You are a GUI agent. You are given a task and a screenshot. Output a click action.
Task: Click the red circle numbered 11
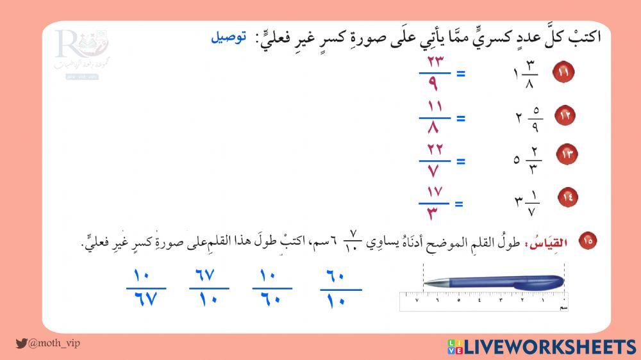coord(563,72)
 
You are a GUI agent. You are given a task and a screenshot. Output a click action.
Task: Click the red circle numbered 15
coord(588,241)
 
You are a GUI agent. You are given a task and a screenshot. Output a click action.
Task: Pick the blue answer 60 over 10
coord(340,289)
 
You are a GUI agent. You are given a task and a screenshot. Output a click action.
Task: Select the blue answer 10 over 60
coord(272,288)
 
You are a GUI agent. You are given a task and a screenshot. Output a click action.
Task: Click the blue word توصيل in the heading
coord(228,37)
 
